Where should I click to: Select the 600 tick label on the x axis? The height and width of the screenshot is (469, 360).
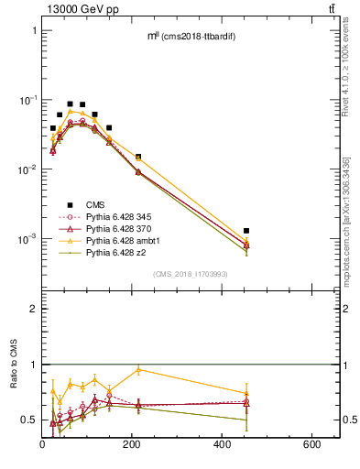click(x=312, y=445)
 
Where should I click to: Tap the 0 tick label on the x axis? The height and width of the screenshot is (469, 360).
click(x=43, y=445)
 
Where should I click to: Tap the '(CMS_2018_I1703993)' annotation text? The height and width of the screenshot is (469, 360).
click(x=191, y=274)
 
